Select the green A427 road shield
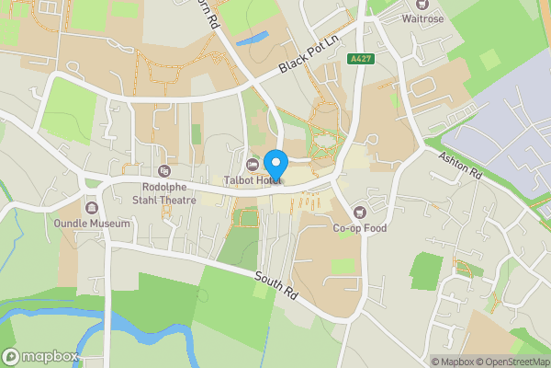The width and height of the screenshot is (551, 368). tap(359, 58)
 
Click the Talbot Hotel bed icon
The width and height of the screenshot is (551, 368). tap(253, 165)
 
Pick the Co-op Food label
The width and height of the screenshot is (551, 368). tap(360, 228)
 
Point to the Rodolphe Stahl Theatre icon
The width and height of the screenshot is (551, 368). tap(164, 170)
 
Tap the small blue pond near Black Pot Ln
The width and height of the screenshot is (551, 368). tap(252, 39)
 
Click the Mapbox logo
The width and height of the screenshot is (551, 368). tap(40, 356)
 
